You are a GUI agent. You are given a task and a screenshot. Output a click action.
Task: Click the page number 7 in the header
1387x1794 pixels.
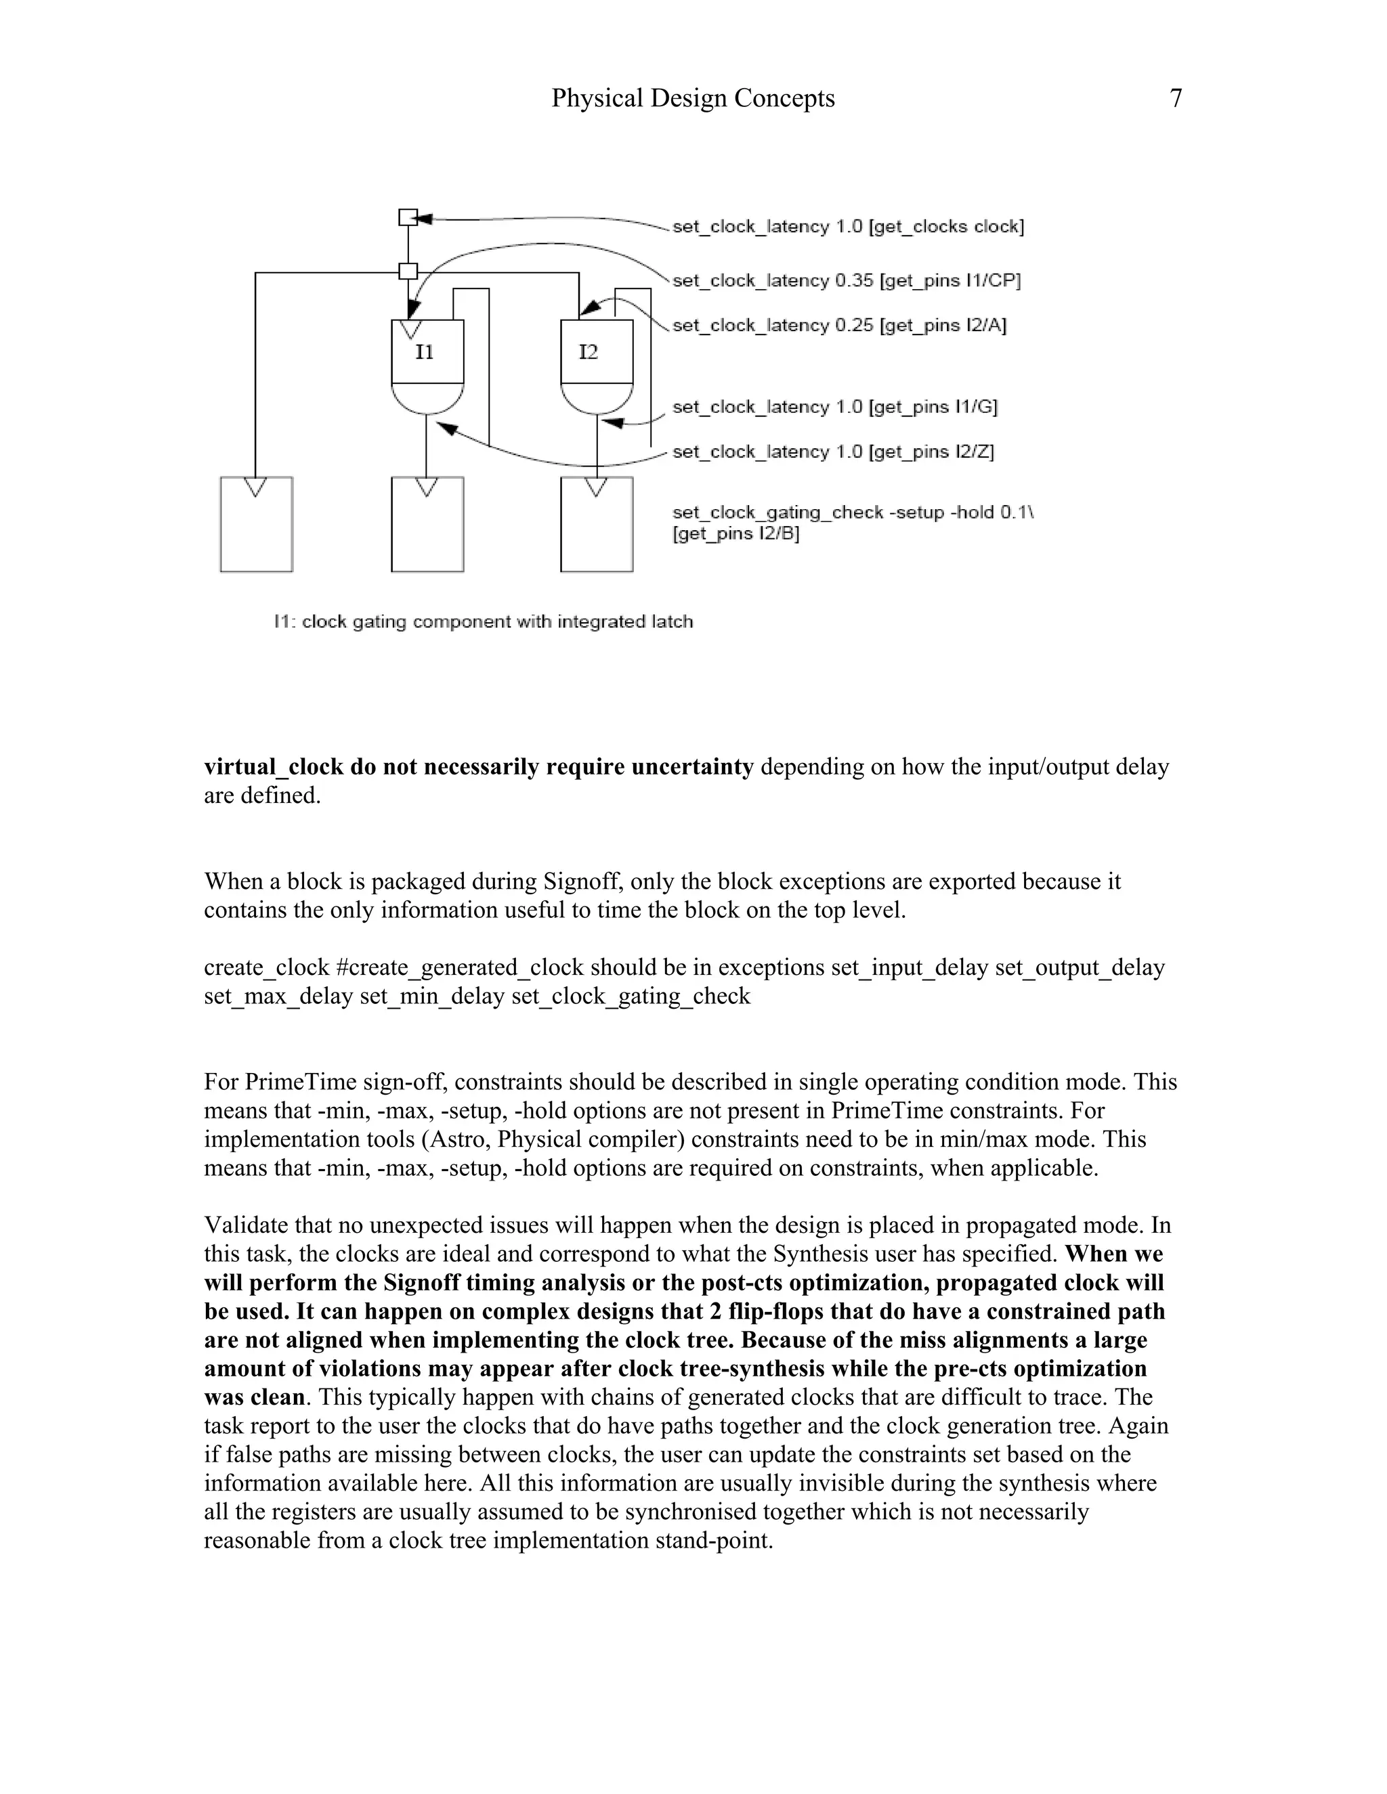pos(1176,99)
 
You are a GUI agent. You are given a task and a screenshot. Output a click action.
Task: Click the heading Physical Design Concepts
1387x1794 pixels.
pos(693,99)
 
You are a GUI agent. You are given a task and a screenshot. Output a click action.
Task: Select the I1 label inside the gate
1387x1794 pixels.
pos(424,353)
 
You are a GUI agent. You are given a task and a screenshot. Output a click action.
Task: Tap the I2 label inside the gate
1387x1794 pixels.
pos(589,353)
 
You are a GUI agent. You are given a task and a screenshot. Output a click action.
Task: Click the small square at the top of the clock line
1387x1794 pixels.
pos(408,217)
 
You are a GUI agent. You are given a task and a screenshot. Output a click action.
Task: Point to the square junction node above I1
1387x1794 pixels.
pos(408,271)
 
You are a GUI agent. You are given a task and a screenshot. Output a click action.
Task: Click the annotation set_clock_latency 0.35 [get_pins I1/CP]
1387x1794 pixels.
pos(847,281)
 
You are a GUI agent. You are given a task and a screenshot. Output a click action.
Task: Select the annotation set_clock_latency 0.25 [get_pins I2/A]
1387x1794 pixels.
pos(839,325)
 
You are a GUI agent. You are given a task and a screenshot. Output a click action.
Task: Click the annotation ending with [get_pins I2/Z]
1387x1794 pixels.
pos(833,452)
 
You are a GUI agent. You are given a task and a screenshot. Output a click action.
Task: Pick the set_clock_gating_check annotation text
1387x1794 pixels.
pos(852,523)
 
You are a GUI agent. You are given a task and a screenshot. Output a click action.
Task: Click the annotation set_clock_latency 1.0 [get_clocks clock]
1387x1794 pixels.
pos(848,227)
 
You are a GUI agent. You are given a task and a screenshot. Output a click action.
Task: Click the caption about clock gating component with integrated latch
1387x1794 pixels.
pos(483,622)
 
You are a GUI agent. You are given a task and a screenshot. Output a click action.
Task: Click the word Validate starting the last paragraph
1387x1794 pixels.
pos(246,1225)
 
